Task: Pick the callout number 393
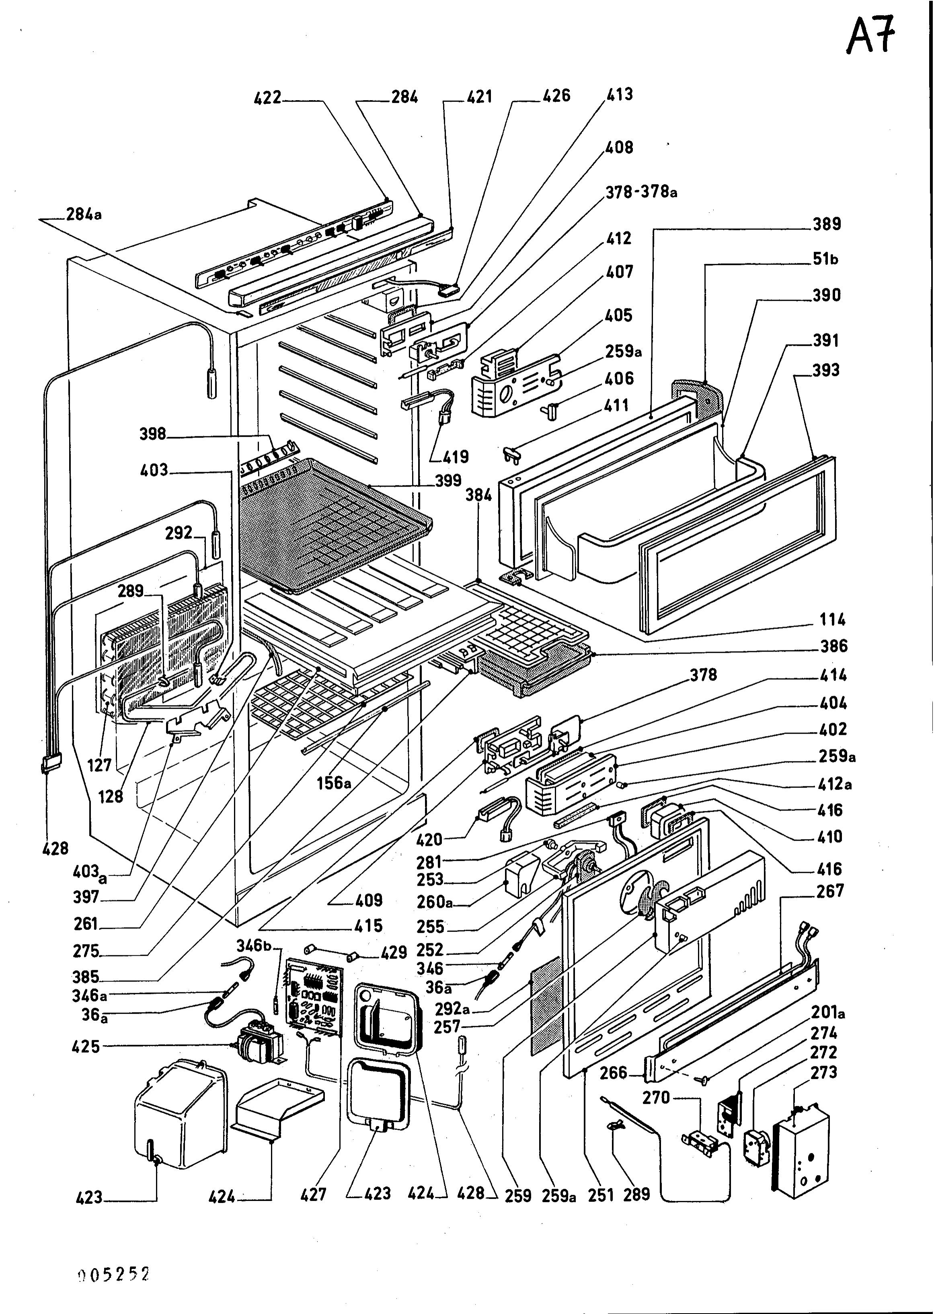tap(826, 370)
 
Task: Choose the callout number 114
tap(832, 620)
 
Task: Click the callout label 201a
tap(828, 1012)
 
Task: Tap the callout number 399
tap(448, 480)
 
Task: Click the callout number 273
tap(823, 1072)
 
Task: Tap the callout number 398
tap(153, 434)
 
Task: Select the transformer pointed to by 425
tap(261, 1044)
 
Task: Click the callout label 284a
tap(84, 214)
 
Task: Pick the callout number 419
tap(456, 457)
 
